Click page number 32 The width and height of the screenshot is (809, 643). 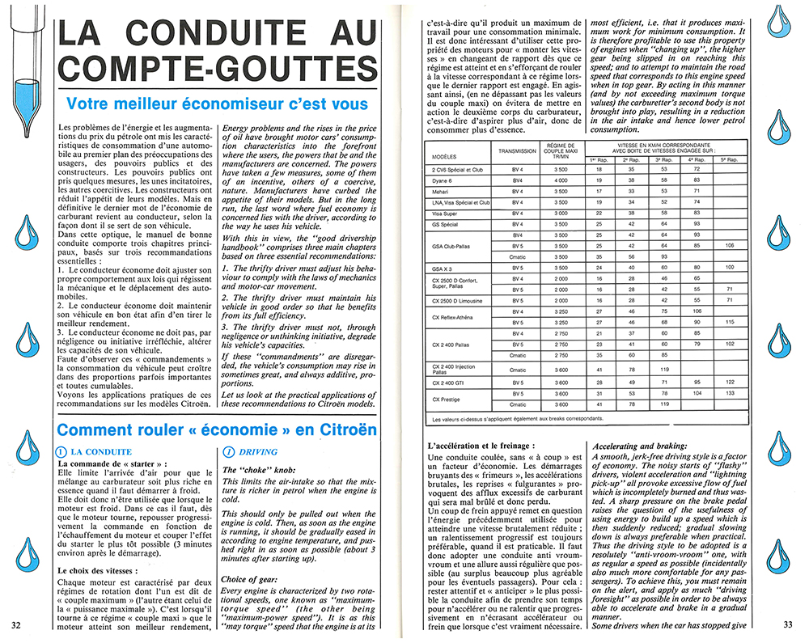tap(16, 624)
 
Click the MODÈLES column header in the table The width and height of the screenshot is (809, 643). tap(445, 156)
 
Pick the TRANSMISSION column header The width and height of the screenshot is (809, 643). tap(517, 150)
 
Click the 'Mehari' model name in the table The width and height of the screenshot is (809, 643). tap(444, 191)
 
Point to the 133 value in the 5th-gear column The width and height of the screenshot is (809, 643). tap(731, 393)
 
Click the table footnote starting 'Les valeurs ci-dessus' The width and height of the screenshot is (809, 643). tap(517, 419)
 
